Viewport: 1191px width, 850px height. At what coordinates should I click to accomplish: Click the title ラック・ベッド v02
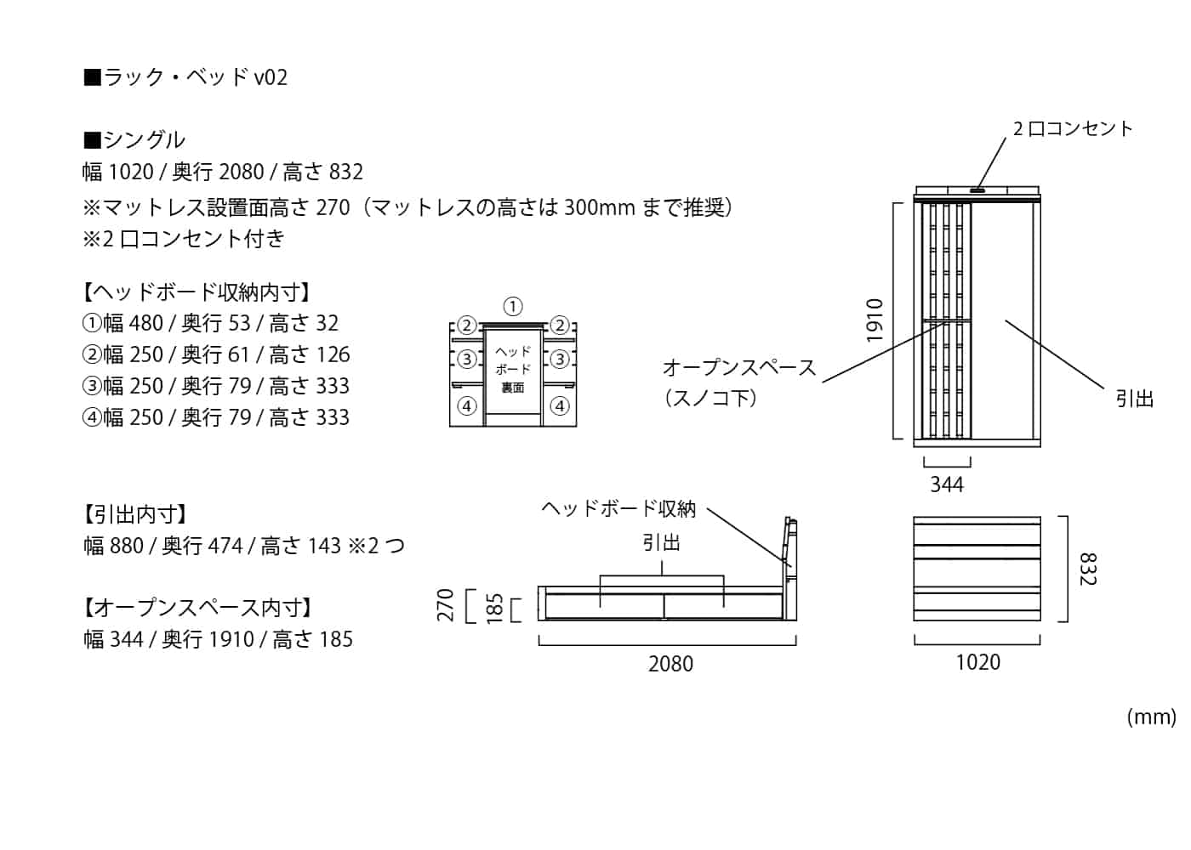tap(185, 77)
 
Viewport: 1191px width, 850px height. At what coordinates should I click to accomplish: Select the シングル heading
tap(134, 139)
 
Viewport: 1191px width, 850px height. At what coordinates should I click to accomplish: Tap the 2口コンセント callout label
tap(1072, 128)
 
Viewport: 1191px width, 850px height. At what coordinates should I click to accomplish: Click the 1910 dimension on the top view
tap(875, 320)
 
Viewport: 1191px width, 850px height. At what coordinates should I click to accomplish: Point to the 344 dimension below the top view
tap(947, 484)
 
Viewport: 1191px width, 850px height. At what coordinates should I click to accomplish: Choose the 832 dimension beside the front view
tap(1088, 569)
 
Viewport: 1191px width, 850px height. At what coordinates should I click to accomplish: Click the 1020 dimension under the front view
tap(977, 662)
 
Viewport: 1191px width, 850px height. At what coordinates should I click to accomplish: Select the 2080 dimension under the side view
tap(670, 664)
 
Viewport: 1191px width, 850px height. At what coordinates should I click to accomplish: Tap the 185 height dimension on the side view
tap(494, 609)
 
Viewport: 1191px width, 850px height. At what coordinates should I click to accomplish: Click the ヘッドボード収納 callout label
tap(618, 508)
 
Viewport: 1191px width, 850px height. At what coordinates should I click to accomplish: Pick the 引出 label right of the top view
tap(1135, 398)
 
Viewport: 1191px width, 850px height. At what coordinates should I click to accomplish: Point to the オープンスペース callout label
tap(738, 368)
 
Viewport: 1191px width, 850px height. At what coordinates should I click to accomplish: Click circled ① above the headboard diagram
tap(513, 306)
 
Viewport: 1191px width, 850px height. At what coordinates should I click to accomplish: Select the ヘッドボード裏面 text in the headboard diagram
tap(513, 369)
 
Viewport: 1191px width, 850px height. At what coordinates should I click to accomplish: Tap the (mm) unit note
tap(1151, 717)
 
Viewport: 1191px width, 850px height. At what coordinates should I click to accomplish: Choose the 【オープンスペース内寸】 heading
tap(197, 608)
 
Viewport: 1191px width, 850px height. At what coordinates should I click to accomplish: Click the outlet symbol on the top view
tap(977, 190)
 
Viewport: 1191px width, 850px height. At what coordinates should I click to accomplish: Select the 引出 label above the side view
tap(661, 542)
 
